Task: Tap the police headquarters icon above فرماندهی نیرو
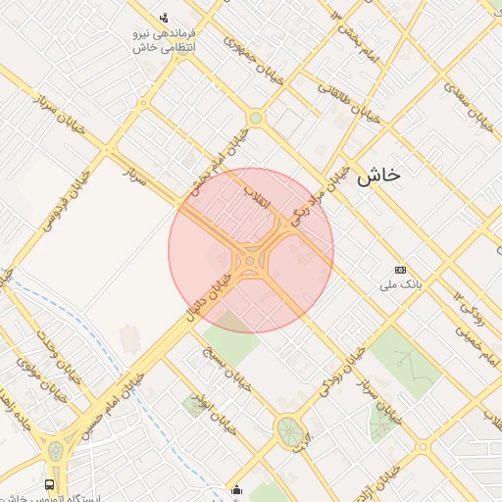tap(164, 17)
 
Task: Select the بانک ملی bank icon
tap(400, 270)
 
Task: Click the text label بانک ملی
tap(400, 286)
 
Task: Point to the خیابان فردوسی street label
tap(66, 200)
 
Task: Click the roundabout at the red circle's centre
tap(251, 260)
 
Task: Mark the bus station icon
tap(50, 485)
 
